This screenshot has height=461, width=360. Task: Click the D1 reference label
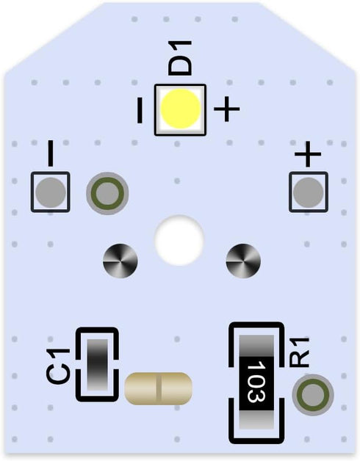click(179, 58)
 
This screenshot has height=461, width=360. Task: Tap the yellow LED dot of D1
click(181, 109)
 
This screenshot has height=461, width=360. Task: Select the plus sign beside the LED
click(227, 109)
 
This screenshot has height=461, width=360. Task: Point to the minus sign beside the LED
click(140, 110)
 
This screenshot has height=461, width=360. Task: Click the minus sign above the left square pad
click(51, 153)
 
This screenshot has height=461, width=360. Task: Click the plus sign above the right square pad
click(308, 154)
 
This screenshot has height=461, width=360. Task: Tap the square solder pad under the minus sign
click(51, 192)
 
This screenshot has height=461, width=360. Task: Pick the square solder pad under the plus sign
click(308, 192)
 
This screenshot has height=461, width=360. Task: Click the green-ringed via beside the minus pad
click(107, 193)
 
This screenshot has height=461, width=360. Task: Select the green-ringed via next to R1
click(312, 395)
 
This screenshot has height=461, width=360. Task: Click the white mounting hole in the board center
click(179, 240)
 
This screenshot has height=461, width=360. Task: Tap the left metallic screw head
click(120, 261)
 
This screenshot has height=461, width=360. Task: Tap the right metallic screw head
click(243, 261)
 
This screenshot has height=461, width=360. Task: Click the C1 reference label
click(58, 366)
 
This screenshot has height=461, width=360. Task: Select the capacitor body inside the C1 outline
click(98, 365)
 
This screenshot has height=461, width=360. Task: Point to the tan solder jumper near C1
click(159, 388)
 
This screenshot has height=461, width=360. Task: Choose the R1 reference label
click(299, 352)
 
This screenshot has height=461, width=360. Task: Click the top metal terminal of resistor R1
click(256, 346)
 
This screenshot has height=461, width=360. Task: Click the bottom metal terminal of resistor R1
click(256, 420)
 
